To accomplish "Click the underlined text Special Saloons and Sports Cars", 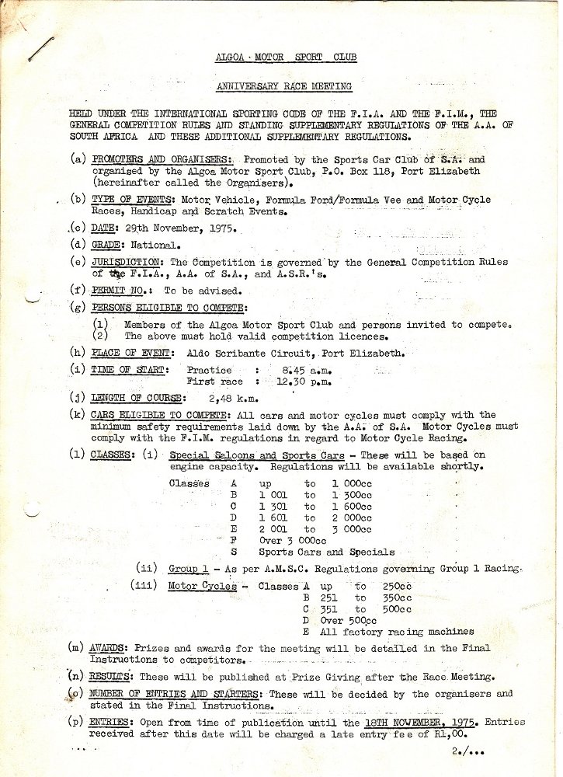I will [256, 455].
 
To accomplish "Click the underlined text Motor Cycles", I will [202, 587].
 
